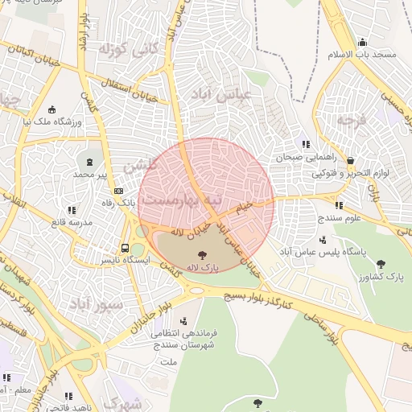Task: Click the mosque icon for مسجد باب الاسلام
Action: point(363,43)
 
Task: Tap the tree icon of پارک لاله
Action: point(200,254)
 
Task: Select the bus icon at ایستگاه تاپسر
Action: point(125,248)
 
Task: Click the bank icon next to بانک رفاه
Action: point(118,191)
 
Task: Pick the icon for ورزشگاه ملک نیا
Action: point(53,110)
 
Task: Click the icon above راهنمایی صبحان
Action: point(306,144)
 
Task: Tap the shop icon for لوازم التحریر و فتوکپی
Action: point(349,159)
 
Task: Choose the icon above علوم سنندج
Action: point(339,205)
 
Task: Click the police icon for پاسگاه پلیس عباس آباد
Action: point(347,239)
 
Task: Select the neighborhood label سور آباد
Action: point(97,305)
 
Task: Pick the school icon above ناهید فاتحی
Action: point(68,395)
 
